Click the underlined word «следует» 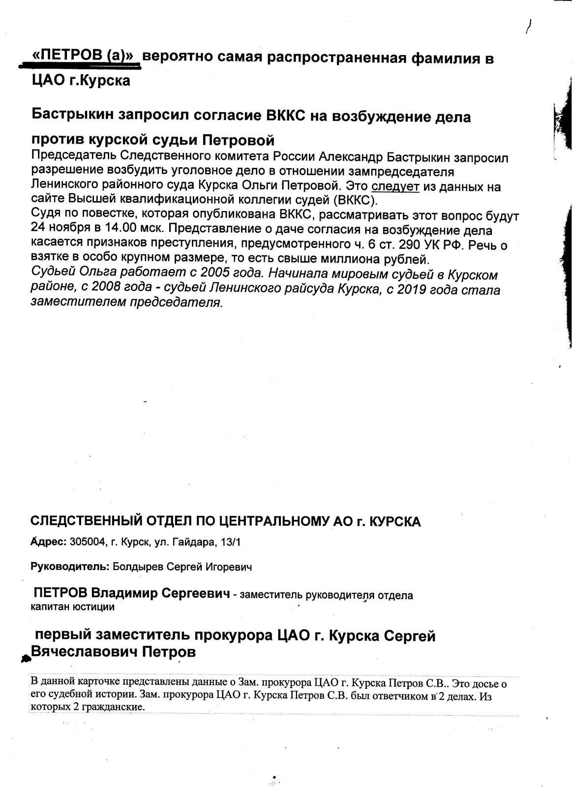point(395,187)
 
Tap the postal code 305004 point(88,542)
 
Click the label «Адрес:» point(48,542)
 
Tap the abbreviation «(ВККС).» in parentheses point(353,201)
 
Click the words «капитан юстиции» point(72,607)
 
